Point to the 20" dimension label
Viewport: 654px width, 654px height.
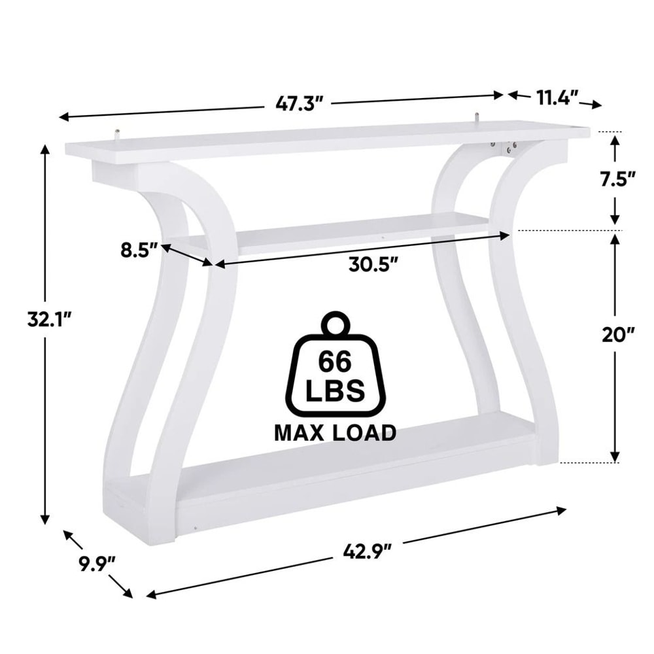(617, 335)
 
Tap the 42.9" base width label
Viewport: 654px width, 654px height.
(366, 549)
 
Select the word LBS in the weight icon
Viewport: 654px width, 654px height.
(334, 392)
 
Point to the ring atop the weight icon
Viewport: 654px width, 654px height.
(335, 323)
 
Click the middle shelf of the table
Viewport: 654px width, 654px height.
(360, 233)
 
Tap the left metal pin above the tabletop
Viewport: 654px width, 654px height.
(119, 135)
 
